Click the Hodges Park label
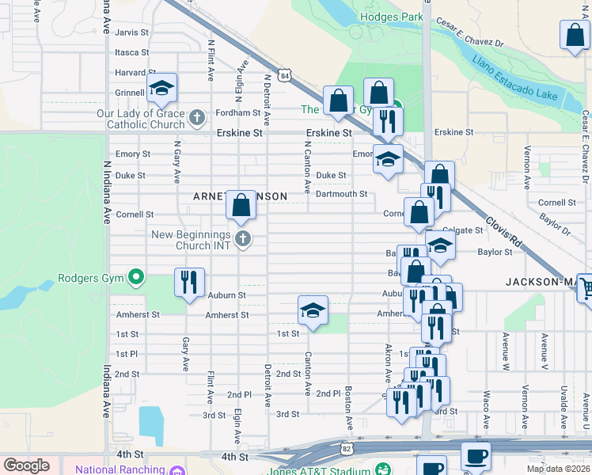click(387, 17)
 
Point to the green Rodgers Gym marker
click(136, 278)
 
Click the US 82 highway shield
click(347, 448)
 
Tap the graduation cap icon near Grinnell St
click(161, 89)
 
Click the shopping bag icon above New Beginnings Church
click(241, 204)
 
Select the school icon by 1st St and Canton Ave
click(313, 310)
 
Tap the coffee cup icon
click(476, 456)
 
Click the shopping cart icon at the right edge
click(586, 288)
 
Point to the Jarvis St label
click(131, 32)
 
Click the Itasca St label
click(131, 52)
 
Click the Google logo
click(26, 465)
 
